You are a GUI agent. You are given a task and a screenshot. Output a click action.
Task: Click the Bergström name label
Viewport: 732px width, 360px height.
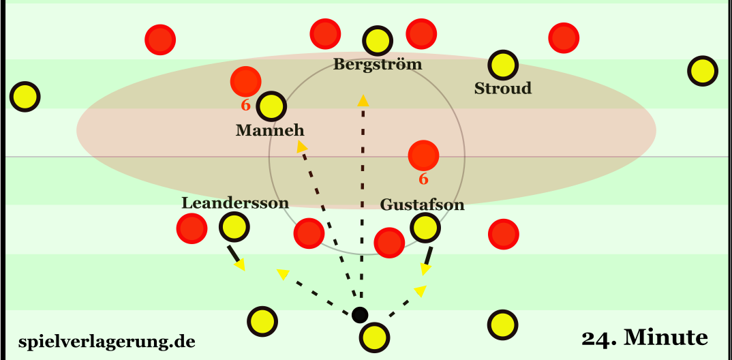tap(378, 65)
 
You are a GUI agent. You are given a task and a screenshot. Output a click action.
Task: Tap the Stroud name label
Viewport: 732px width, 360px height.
tap(503, 89)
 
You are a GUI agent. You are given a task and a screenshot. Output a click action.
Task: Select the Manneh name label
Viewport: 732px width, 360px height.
tap(270, 130)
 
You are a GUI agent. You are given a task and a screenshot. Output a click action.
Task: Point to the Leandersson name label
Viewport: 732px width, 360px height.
tap(235, 202)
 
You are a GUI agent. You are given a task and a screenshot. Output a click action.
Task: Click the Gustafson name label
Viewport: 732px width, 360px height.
tap(422, 205)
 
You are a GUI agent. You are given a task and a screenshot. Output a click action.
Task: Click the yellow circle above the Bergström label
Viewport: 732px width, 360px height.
tap(374, 42)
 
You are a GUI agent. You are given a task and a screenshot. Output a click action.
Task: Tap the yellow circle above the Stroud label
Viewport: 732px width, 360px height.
tap(503, 65)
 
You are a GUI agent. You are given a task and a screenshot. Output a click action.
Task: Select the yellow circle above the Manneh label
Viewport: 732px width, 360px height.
tap(271, 106)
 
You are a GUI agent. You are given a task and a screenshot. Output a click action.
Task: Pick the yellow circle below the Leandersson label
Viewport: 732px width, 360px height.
tap(233, 228)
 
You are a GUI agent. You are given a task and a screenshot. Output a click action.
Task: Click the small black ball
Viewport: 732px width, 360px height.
tap(359, 314)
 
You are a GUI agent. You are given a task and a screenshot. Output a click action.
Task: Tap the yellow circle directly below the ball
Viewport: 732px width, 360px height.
tap(373, 336)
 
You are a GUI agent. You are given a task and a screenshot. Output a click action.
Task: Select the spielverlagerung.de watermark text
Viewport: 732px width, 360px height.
tap(107, 341)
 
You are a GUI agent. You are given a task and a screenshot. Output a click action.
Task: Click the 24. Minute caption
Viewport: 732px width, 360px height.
tap(645, 337)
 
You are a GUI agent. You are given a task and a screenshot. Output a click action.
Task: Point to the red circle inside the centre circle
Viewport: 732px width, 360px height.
tap(423, 155)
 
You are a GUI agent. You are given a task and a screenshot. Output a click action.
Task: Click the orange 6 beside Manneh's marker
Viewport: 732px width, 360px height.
tap(245, 106)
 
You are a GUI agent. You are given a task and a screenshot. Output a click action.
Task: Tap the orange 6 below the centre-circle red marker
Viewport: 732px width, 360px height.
tap(423, 179)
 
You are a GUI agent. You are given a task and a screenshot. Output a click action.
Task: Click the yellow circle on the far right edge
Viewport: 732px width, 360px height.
tap(702, 71)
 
